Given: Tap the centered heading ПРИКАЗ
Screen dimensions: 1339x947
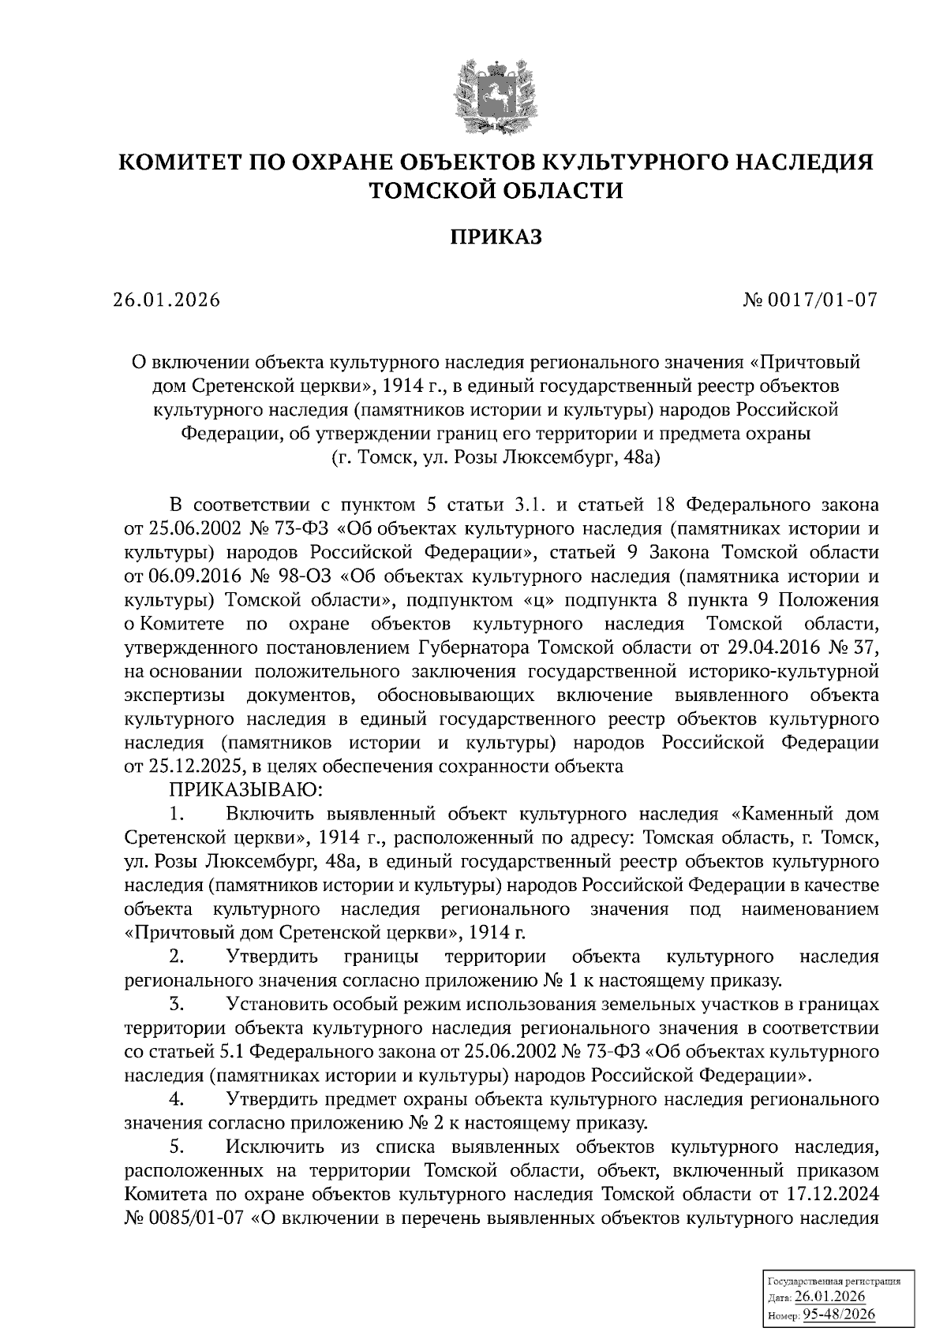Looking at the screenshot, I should (496, 237).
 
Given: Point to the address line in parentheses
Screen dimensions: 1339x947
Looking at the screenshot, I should (496, 457).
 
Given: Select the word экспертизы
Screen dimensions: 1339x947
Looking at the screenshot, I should (173, 695).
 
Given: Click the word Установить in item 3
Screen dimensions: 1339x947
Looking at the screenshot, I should (276, 1005).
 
